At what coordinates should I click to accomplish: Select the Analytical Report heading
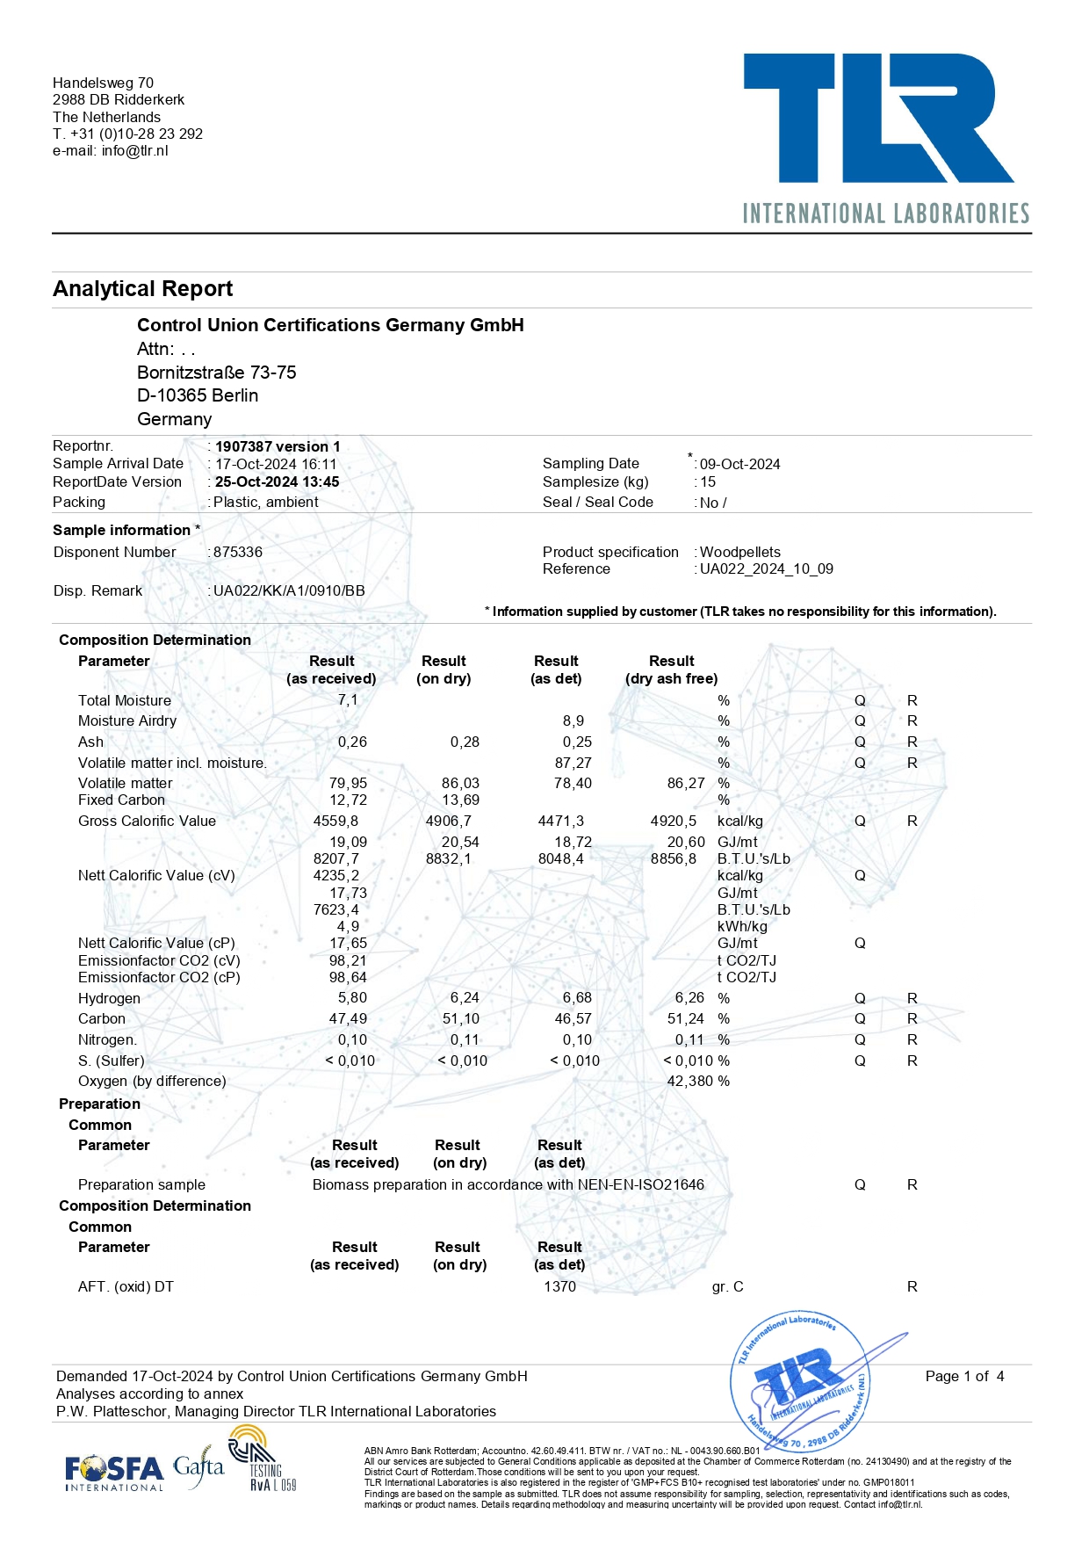click(143, 289)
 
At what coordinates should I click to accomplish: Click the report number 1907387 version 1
click(278, 446)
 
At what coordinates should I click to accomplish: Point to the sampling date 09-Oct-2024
click(739, 464)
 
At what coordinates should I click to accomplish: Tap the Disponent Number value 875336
click(238, 552)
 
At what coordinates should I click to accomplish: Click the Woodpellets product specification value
click(739, 552)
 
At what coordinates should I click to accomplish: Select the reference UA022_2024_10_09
click(766, 568)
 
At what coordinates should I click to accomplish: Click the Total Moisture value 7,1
click(348, 700)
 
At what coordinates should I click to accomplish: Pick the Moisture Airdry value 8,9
click(573, 720)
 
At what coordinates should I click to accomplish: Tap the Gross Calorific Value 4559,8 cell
click(335, 821)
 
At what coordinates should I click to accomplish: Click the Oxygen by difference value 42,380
click(689, 1081)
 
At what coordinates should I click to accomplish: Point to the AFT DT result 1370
click(559, 1286)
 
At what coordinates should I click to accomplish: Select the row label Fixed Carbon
click(121, 800)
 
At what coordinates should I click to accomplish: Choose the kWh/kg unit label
click(742, 926)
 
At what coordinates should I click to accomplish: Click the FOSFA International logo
click(114, 1472)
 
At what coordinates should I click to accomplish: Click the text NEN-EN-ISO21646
click(640, 1184)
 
